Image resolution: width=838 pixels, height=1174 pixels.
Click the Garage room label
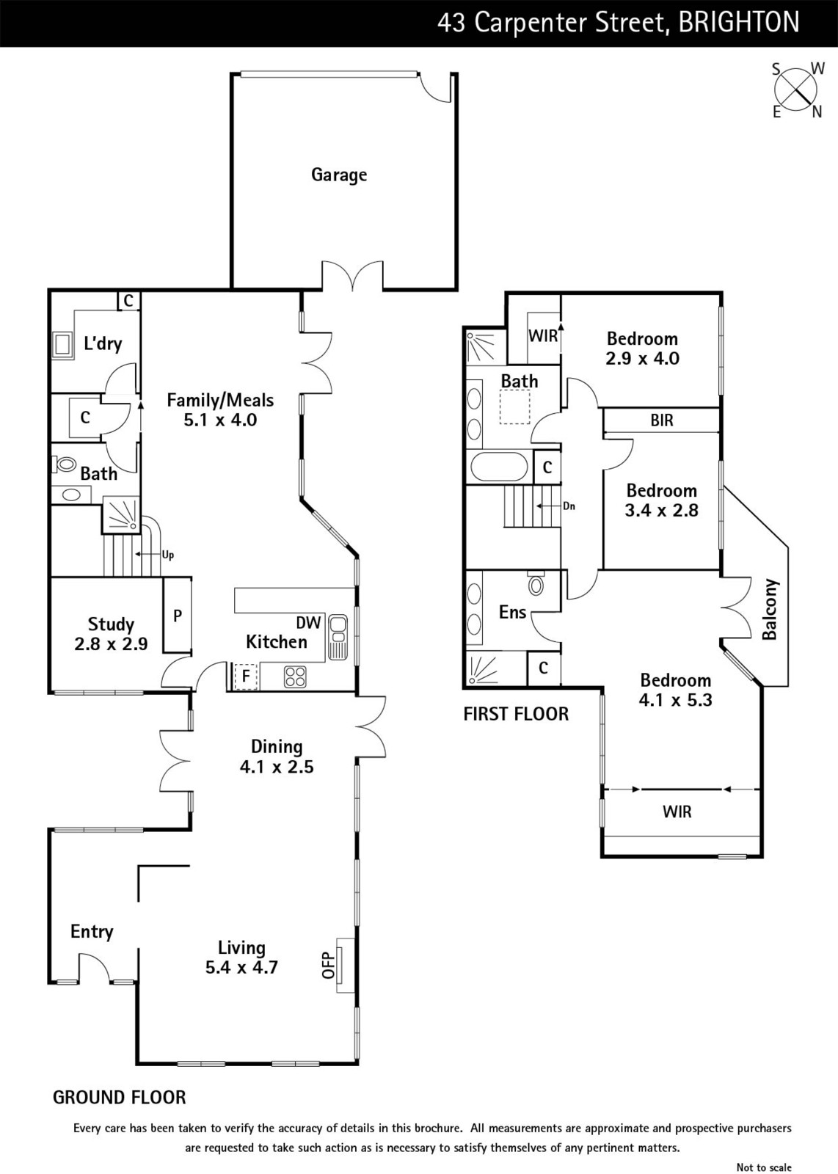[338, 175]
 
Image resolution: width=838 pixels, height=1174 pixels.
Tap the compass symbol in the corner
[796, 90]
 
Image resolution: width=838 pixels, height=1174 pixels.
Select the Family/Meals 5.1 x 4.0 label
[220, 409]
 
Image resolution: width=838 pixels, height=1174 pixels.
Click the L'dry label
[103, 343]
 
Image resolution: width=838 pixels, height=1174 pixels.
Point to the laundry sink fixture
[62, 345]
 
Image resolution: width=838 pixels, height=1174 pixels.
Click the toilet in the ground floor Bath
[65, 464]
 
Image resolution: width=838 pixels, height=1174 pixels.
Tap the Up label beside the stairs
[168, 555]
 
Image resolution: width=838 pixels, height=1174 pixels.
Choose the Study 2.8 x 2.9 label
[111, 634]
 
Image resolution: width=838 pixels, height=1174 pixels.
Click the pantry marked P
[177, 616]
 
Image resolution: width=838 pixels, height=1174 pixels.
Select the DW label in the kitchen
[308, 622]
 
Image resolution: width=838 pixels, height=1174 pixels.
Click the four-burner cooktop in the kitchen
[295, 676]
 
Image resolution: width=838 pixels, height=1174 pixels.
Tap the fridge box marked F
[246, 676]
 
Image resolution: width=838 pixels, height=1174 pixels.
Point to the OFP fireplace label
[328, 964]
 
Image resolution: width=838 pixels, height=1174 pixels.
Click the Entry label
[92, 931]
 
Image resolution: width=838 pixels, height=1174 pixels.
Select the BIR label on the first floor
[661, 420]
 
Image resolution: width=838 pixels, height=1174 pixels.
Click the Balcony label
[769, 610]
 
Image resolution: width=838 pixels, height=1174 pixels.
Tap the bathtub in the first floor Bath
[499, 467]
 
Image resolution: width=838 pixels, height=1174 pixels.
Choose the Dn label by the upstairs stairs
[569, 506]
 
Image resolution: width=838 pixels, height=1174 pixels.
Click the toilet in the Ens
[536, 585]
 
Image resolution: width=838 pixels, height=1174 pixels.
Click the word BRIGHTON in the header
[739, 23]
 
